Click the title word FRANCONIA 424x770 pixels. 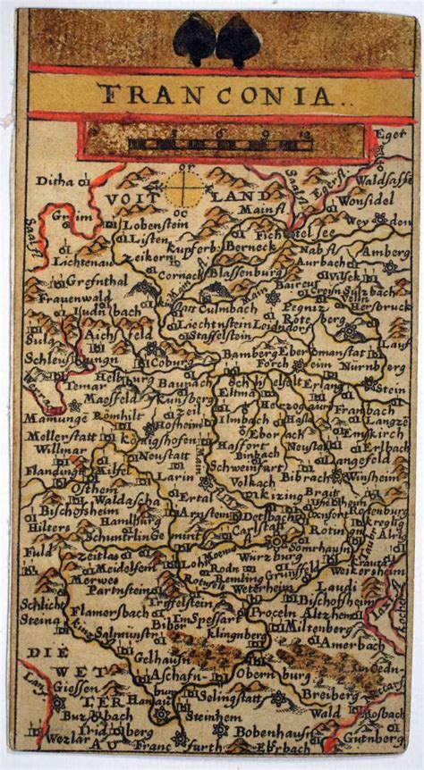coord(211,93)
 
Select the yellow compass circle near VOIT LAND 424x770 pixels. coord(182,189)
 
